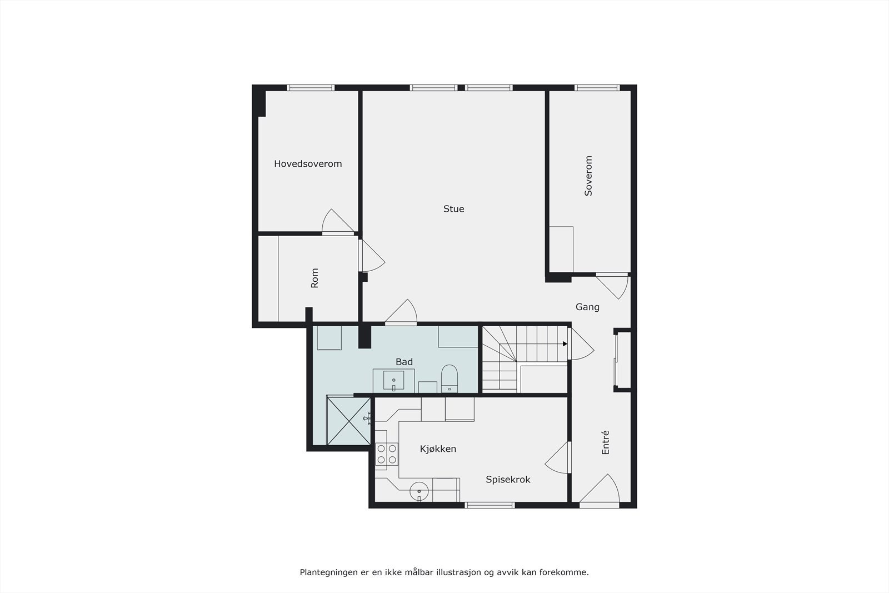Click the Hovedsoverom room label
point(308,164)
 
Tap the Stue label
point(453,209)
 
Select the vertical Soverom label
point(588,176)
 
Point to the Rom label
point(314,278)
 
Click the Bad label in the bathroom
point(404,362)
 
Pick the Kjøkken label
point(438,449)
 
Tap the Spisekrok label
point(508,479)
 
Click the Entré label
point(606,442)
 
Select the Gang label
point(587,307)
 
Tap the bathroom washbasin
point(393,381)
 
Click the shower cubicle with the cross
point(348,421)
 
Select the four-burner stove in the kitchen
point(387,454)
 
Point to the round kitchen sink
point(419,491)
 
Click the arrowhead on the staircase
point(565,344)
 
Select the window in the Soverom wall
point(597,88)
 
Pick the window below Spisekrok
point(490,505)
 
